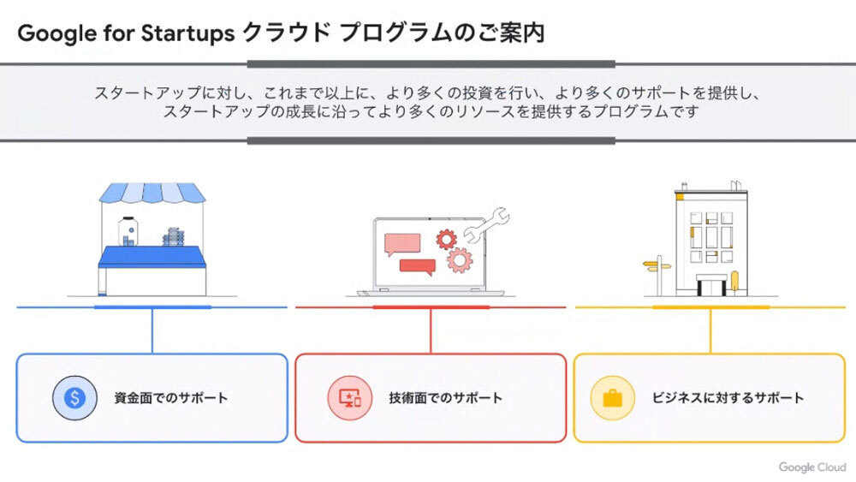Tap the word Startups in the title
(x=187, y=34)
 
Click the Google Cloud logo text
(x=811, y=467)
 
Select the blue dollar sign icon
(x=74, y=397)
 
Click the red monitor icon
(x=349, y=397)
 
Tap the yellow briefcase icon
(x=613, y=397)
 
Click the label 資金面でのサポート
(x=171, y=398)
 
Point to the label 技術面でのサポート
(x=445, y=398)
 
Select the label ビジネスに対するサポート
(x=728, y=398)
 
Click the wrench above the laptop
(x=487, y=224)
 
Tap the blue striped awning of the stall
(x=152, y=192)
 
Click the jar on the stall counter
(x=128, y=231)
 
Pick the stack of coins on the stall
(x=174, y=237)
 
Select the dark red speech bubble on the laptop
(x=418, y=267)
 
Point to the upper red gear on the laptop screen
(x=446, y=239)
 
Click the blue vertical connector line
(x=152, y=330)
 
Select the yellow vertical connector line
(x=710, y=330)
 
